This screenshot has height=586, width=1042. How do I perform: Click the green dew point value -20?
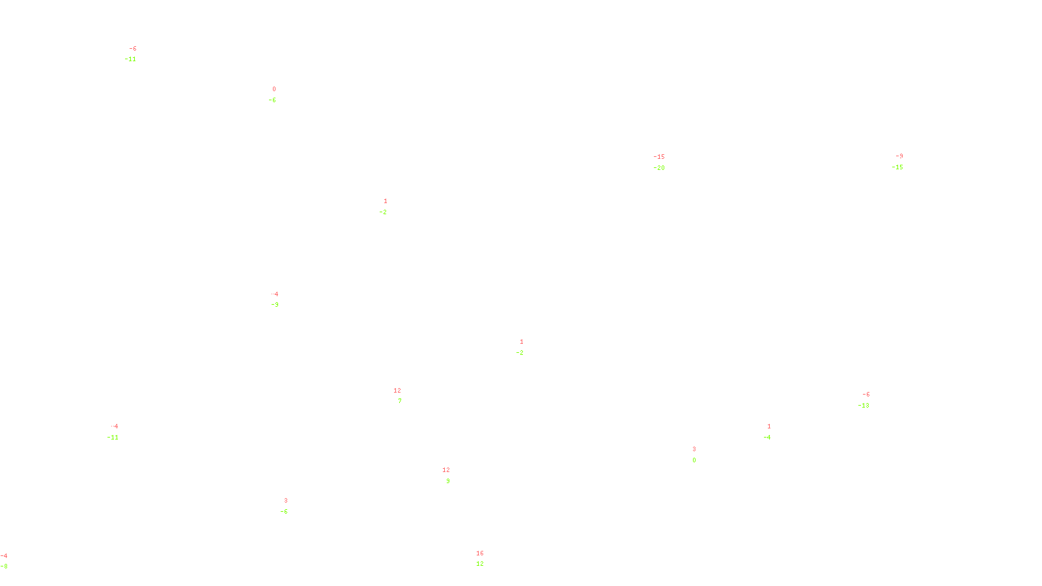659,168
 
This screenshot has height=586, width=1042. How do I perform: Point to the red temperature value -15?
659,157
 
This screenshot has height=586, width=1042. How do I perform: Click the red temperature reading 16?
480,553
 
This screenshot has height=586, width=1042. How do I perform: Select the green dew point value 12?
480,564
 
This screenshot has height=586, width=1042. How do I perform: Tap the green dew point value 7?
400,401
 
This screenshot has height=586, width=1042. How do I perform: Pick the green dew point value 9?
448,481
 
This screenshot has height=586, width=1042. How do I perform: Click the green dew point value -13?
864,406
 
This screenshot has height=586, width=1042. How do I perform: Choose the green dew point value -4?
767,438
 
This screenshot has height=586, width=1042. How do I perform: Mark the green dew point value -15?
897,167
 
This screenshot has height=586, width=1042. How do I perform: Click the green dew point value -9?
275,305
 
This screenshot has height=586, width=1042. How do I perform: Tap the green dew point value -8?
4,566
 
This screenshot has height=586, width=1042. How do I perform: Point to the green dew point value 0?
694,460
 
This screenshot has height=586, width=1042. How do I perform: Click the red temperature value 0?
274,89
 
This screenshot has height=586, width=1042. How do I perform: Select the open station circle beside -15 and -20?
668,163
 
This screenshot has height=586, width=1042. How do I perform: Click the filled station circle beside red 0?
278,94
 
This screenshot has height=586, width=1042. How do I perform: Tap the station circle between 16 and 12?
486,559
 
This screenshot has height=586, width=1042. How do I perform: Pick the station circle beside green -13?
872,400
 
